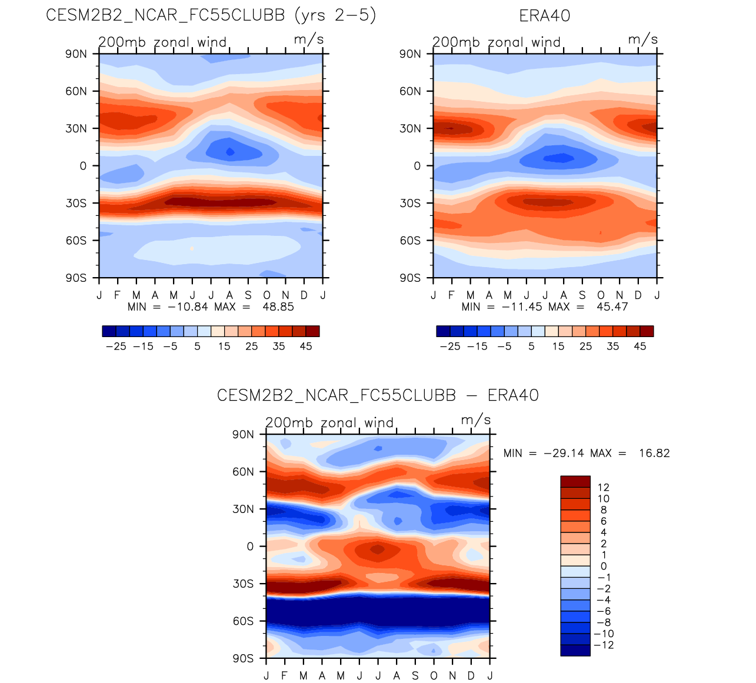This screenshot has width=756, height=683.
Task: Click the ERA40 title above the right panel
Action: pyautogui.click(x=545, y=16)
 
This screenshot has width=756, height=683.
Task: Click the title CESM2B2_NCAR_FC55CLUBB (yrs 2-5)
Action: pyautogui.click(x=211, y=15)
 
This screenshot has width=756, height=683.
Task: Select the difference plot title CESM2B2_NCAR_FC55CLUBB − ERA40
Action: pyautogui.click(x=378, y=395)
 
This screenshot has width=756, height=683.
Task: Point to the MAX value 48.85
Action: pyautogui.click(x=278, y=307)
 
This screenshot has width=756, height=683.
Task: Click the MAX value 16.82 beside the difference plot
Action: pyautogui.click(x=654, y=454)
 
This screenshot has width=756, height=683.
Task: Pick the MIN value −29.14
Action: pyautogui.click(x=564, y=454)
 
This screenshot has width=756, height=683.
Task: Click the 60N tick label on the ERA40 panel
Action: pyautogui.click(x=410, y=91)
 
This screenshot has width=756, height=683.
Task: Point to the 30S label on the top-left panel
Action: pyautogui.click(x=75, y=204)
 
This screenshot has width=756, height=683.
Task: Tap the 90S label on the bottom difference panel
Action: pyautogui.click(x=243, y=658)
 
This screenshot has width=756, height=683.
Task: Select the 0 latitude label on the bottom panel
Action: pyautogui.click(x=250, y=547)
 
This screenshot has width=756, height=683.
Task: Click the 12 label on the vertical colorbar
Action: pyautogui.click(x=603, y=487)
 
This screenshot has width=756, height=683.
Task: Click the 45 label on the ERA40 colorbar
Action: pyautogui.click(x=640, y=347)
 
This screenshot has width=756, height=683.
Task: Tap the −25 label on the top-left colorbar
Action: pyautogui.click(x=116, y=347)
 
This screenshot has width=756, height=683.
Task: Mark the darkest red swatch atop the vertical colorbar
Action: pyautogui.click(x=575, y=481)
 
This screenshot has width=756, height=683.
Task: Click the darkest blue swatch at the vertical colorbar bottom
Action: pyautogui.click(x=575, y=650)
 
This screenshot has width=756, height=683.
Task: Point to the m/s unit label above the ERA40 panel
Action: pyautogui.click(x=643, y=39)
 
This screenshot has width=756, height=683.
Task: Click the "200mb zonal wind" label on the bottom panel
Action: pyautogui.click(x=329, y=423)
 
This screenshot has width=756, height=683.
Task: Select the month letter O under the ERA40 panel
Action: pyautogui.click(x=601, y=295)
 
